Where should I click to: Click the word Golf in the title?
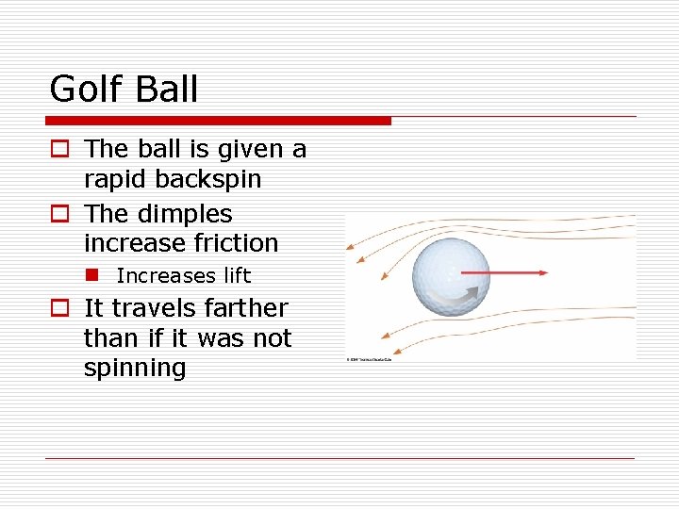pos(79,90)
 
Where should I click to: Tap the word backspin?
pos(214,179)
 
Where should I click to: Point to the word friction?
pos(235,243)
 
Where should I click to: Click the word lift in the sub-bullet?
pos(237,275)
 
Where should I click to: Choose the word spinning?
pos(135,369)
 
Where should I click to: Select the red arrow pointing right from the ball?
pos(509,272)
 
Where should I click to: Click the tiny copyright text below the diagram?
pos(369,359)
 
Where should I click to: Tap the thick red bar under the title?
pos(219,121)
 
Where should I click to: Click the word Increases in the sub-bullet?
pos(166,275)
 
